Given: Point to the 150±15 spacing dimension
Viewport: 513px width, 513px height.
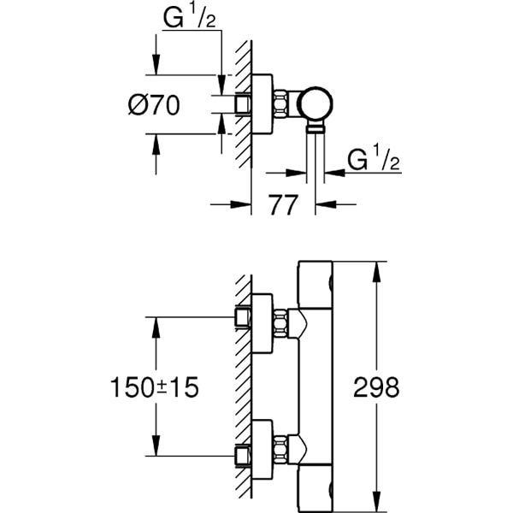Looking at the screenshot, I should [154, 386].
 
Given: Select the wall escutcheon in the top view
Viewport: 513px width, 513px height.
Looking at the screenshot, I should [262, 105].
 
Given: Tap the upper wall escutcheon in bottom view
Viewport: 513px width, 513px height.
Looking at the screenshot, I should [262, 323].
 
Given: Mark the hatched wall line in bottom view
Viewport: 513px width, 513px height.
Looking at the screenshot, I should [244, 385].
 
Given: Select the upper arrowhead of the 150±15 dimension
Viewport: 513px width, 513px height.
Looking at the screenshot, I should [155, 326].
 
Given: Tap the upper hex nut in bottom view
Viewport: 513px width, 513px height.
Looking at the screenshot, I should [280, 322].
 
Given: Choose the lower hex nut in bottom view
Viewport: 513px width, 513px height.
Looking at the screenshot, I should [280, 447].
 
